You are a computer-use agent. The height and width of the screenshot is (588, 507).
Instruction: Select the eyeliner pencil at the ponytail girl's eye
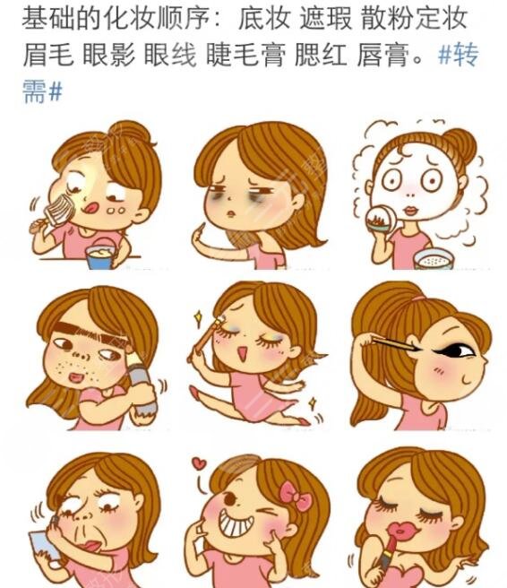(395, 342)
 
